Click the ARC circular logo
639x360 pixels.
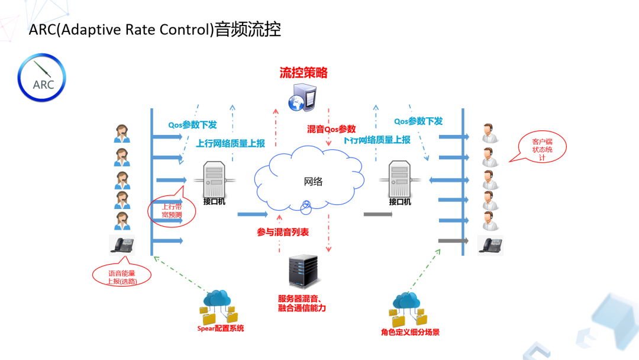42,78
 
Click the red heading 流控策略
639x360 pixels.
304,73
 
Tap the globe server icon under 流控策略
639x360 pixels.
302,97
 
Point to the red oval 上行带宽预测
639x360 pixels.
172,210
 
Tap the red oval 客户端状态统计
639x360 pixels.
541,150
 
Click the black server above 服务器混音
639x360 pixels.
303,271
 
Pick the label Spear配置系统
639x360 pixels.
220,328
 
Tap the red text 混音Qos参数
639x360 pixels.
331,129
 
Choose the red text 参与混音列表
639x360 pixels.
283,233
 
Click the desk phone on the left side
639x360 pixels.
121,245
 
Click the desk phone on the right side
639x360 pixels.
490,245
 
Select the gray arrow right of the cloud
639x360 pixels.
378,214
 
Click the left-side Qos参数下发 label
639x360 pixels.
192,125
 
